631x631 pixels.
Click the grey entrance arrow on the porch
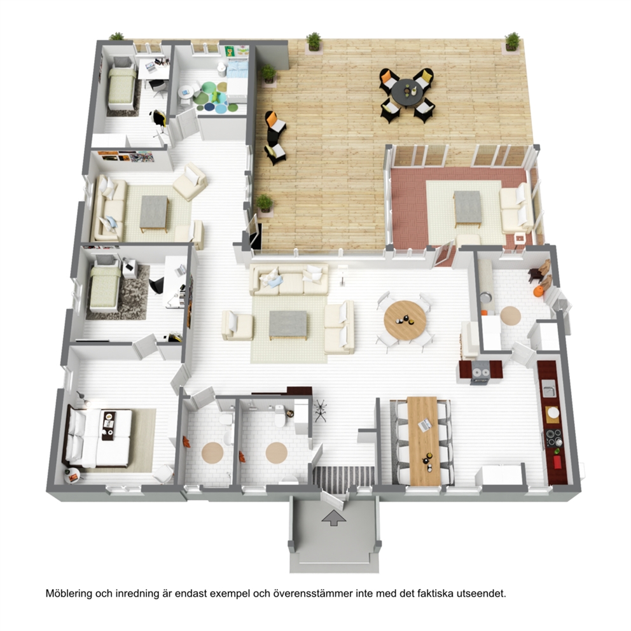click(x=333, y=518)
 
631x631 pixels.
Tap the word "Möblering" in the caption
click(x=69, y=593)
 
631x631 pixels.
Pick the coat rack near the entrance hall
click(x=321, y=411)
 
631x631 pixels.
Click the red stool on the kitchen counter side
click(x=557, y=462)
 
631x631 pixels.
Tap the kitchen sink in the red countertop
click(x=548, y=391)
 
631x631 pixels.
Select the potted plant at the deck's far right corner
click(x=512, y=41)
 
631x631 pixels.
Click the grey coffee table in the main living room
click(x=288, y=325)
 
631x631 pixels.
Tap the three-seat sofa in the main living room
click(x=289, y=279)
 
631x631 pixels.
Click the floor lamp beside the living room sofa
click(x=342, y=275)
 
